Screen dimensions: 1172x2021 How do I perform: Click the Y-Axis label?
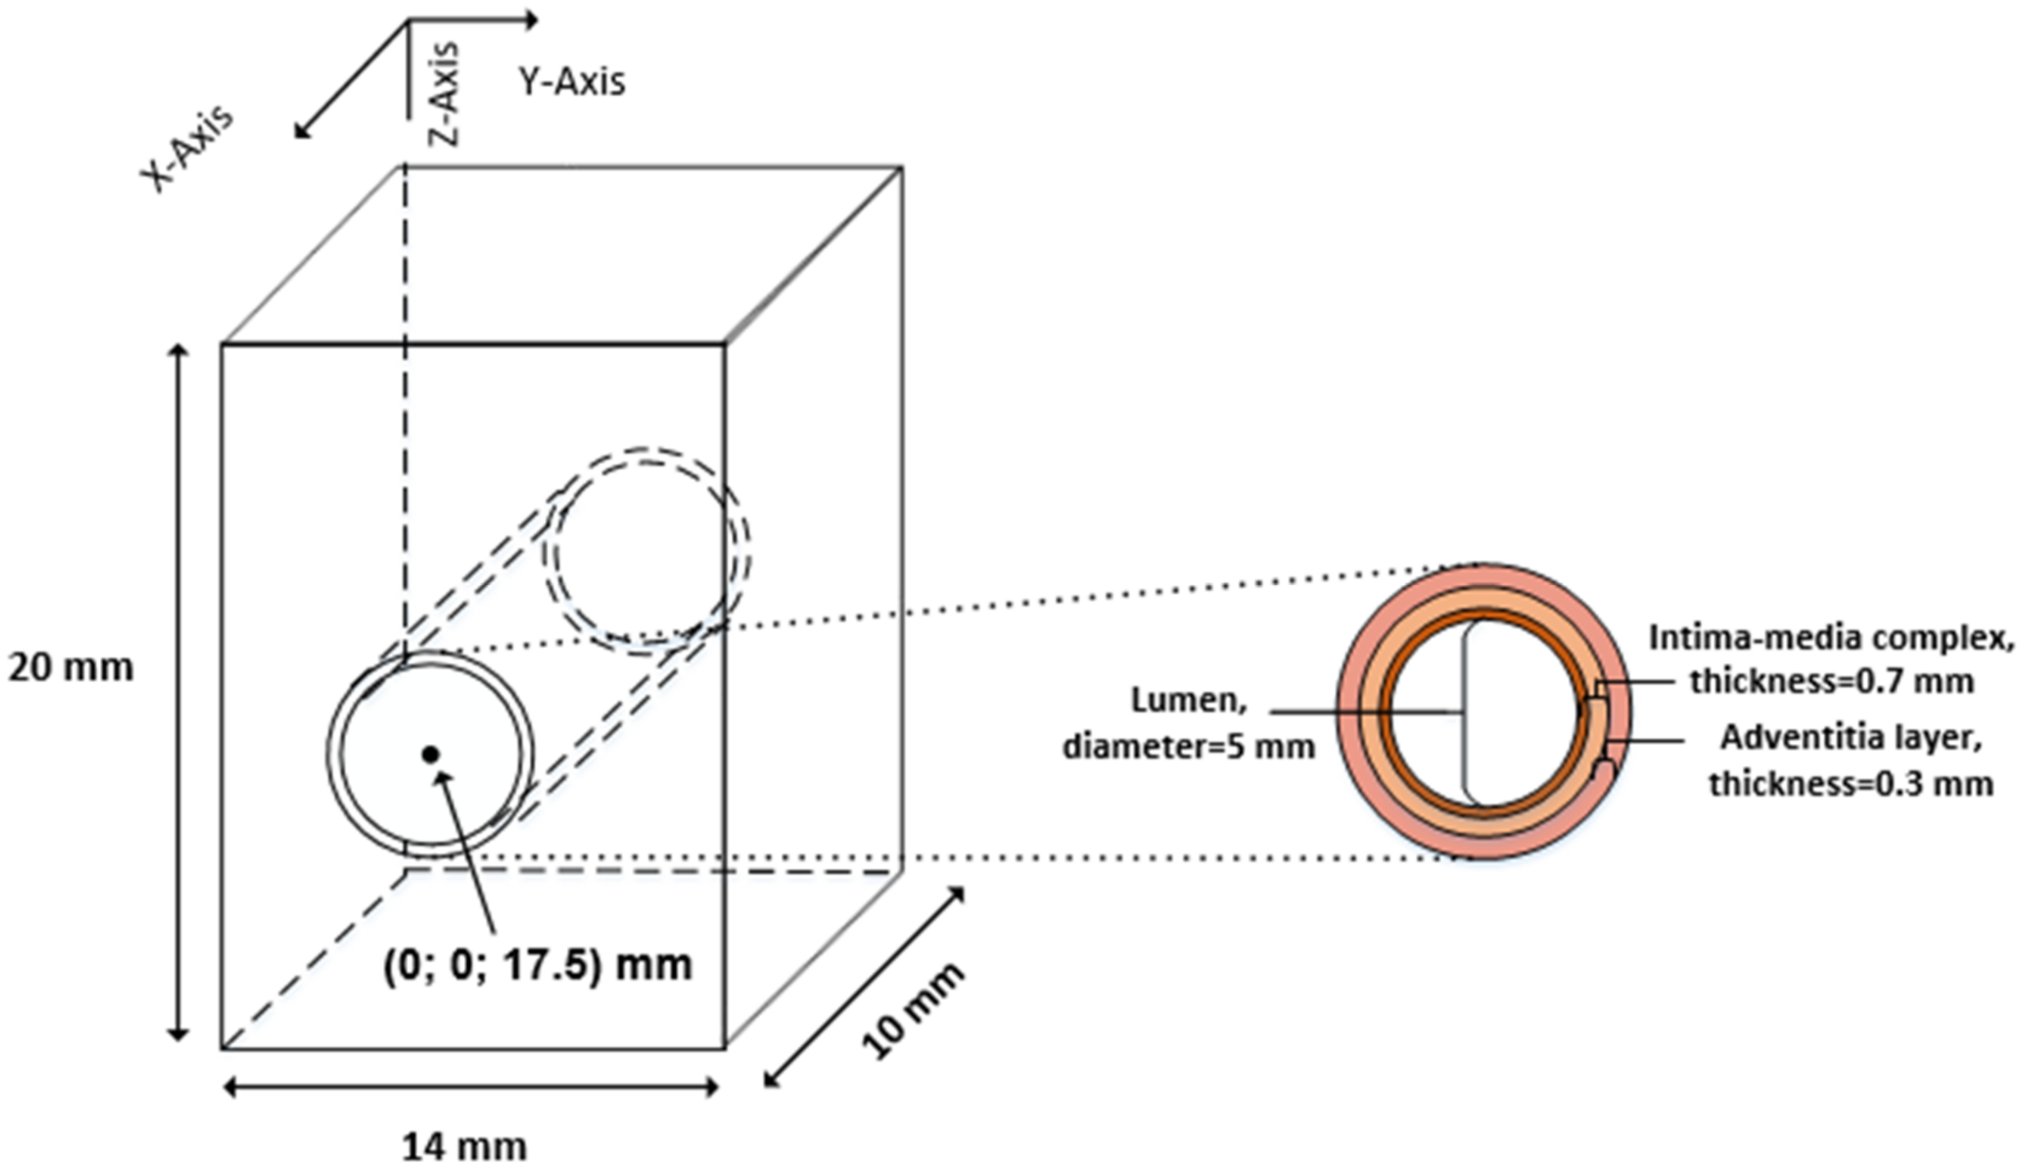coord(571,82)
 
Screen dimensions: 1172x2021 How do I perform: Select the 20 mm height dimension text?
coord(71,668)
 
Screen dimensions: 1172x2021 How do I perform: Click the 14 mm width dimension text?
coord(464,1147)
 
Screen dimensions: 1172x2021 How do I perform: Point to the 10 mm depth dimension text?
coord(913,1011)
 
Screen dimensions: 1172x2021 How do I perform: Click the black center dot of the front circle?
coord(431,754)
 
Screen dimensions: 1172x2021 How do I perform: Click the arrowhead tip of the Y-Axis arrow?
coord(535,19)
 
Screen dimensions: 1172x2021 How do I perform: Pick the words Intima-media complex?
coord(1831,638)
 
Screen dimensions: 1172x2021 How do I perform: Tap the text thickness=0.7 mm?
coord(1831,681)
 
